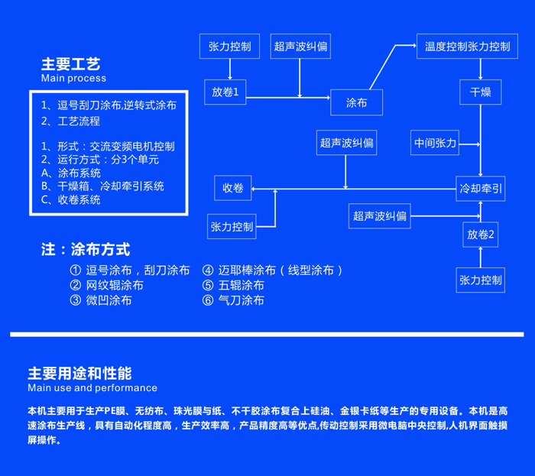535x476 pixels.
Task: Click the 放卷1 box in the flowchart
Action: [225, 92]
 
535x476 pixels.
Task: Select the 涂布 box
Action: [356, 102]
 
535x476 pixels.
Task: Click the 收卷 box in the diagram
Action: [232, 188]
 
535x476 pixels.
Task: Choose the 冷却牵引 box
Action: [480, 188]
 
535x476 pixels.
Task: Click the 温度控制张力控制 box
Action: [467, 46]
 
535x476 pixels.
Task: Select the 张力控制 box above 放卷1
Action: [229, 46]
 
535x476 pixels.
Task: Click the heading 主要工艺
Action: [70, 64]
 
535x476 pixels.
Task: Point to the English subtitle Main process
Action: [73, 78]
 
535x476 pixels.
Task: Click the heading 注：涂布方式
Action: [86, 250]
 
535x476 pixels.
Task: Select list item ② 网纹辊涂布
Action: [106, 285]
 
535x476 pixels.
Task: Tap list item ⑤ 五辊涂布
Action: [233, 285]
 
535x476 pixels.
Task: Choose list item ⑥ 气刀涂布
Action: [233, 300]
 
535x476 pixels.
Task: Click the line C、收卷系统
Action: [71, 199]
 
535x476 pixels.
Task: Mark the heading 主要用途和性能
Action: [79, 374]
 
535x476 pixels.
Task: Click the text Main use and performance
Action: [92, 388]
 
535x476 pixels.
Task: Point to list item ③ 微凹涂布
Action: [100, 300]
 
